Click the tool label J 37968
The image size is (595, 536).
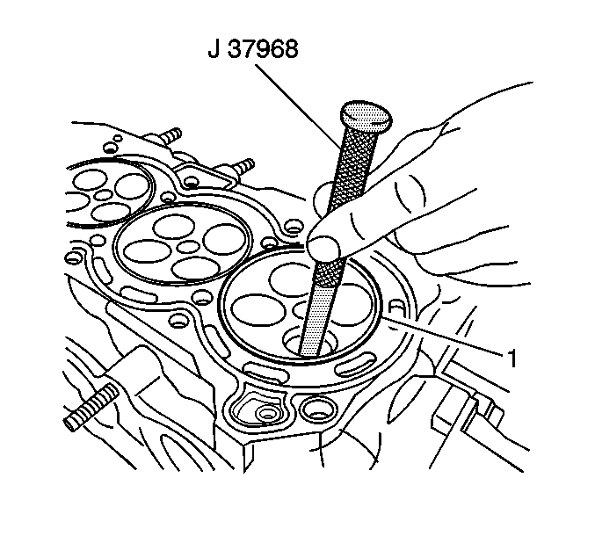click(x=253, y=49)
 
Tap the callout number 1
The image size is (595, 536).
click(x=512, y=359)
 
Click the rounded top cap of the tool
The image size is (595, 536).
click(x=366, y=115)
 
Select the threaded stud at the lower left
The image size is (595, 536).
click(x=91, y=407)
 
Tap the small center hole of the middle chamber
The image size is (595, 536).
click(x=189, y=247)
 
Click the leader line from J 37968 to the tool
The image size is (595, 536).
click(x=298, y=106)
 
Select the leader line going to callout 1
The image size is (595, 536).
click(x=445, y=336)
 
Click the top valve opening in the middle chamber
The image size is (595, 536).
click(x=174, y=226)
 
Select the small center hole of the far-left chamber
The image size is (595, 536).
click(x=103, y=195)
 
